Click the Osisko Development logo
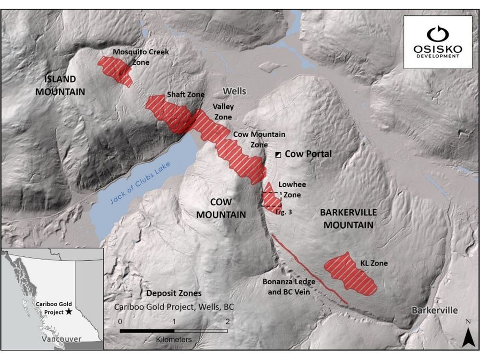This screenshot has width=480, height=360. [438, 42]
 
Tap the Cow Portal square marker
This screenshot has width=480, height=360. [278, 155]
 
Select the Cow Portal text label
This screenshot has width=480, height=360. [308, 154]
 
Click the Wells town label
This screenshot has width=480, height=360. [234, 91]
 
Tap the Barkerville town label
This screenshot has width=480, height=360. [434, 310]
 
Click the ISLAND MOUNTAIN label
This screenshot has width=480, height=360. [60, 85]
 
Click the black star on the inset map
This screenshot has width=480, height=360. [70, 312]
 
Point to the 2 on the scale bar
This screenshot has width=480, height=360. [227, 321]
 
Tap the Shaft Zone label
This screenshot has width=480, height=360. [185, 95]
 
